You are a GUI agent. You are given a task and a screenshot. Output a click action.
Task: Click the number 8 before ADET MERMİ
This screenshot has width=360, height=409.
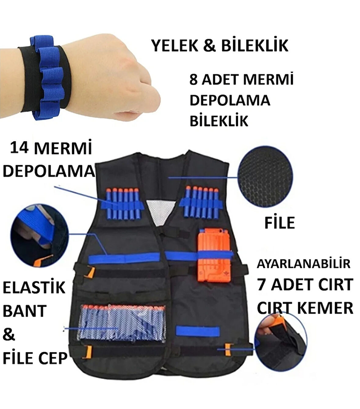[x=194, y=80]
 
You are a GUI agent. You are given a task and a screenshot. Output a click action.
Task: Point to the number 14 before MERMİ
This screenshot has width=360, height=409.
[x=20, y=149]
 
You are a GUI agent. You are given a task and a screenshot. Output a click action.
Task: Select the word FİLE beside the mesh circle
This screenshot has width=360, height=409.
[x=279, y=223]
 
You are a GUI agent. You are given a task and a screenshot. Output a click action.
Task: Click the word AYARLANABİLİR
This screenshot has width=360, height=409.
[x=303, y=264]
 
